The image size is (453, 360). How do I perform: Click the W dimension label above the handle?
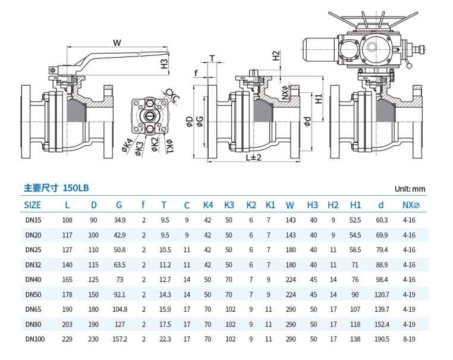[117, 42]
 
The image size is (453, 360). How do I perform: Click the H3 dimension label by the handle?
[165, 63]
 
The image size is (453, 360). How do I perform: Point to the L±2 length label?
[253, 157]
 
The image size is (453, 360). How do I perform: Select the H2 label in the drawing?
[276, 56]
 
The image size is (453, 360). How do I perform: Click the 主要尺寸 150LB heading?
[56, 187]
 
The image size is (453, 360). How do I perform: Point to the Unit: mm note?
[410, 189]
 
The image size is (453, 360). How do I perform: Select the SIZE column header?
[33, 205]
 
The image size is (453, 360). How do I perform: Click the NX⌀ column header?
[411, 205]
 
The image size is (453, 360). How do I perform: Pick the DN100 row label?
[34, 339]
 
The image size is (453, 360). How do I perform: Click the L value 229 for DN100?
[67, 339]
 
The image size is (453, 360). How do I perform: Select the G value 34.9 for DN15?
[119, 220]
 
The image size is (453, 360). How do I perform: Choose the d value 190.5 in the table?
[382, 339]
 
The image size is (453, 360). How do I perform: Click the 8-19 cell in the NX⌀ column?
[410, 339]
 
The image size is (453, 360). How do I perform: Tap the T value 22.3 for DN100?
[165, 339]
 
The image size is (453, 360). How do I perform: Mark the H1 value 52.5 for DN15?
[356, 220]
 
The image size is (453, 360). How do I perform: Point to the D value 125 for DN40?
[93, 280]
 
